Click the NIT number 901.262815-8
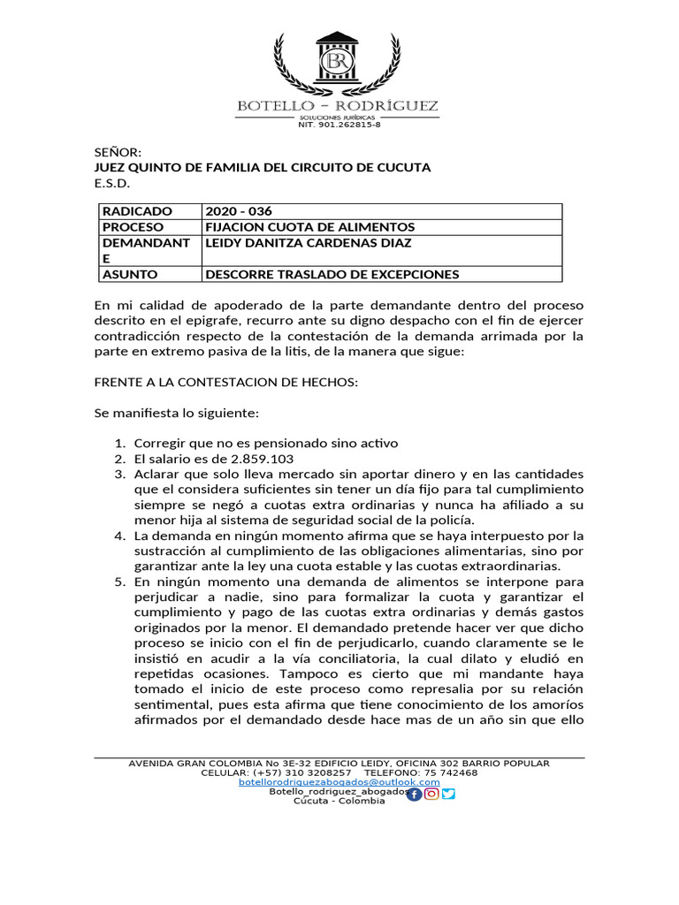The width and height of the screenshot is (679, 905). [x=339, y=125]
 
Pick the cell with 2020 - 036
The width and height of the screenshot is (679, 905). [x=239, y=211]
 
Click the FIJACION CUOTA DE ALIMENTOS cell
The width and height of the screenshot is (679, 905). [x=309, y=227]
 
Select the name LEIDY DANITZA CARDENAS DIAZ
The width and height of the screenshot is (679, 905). [x=309, y=243]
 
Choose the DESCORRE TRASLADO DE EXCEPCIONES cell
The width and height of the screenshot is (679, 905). [x=332, y=274]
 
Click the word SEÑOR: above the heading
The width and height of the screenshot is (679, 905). [x=118, y=152]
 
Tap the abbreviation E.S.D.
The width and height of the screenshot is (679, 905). [x=112, y=183]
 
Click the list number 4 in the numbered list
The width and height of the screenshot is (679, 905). [x=120, y=535]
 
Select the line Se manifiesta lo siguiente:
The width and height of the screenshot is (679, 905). [x=176, y=412]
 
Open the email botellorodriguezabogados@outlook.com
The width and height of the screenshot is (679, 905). [x=339, y=782]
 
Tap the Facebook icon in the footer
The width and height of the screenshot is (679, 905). [x=415, y=794]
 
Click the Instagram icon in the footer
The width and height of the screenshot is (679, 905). [x=431, y=794]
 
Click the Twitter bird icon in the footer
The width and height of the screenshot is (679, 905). [x=448, y=794]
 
